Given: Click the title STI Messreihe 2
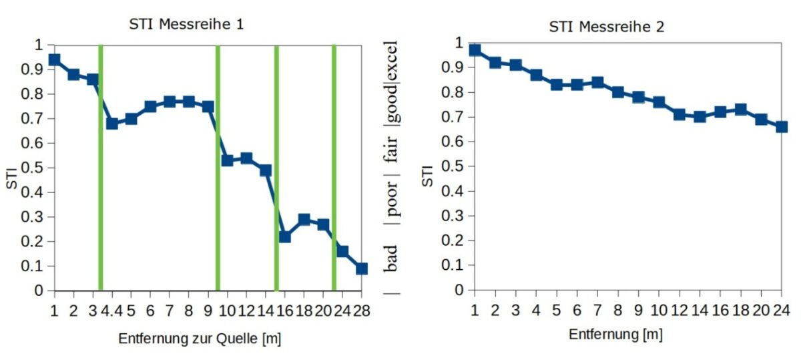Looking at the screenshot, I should pyautogui.click(x=606, y=27).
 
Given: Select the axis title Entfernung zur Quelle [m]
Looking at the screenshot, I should pyautogui.click(x=200, y=339).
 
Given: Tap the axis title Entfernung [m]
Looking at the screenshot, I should pyautogui.click(x=615, y=334).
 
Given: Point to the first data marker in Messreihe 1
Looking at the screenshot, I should pyautogui.click(x=54, y=60).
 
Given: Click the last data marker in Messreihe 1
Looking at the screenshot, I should pyautogui.click(x=362, y=268).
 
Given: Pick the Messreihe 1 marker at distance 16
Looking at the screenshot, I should pyautogui.click(x=285, y=236).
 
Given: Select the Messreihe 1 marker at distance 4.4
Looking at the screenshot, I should pyautogui.click(x=112, y=124).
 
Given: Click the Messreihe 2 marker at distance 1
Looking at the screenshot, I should pyautogui.click(x=475, y=50).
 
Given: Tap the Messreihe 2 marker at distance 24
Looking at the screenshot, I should pyautogui.click(x=782, y=127).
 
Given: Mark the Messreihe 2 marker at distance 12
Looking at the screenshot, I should pyautogui.click(x=680, y=114).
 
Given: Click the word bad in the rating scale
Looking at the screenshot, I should pyautogui.click(x=391, y=258).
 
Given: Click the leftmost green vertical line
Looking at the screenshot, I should pyautogui.click(x=100, y=167).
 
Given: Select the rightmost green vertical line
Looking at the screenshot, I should pyautogui.click(x=334, y=167).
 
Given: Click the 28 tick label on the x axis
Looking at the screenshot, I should pyautogui.click(x=362, y=311).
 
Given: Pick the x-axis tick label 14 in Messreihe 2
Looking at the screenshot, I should pyautogui.click(x=700, y=310).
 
